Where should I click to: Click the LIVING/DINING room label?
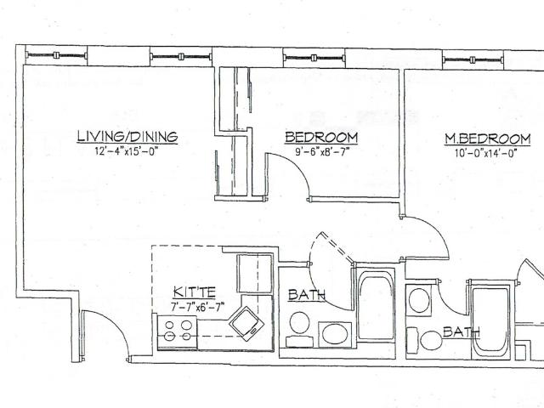pos(127,136)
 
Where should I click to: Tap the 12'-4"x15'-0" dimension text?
pos(127,151)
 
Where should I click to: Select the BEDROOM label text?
pos(321,138)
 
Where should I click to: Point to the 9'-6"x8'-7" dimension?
pos(320,152)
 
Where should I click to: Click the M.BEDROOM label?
pos(487,139)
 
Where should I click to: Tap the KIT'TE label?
pos(195,292)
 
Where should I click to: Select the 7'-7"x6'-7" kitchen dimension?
pos(197,307)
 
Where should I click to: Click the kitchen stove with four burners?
pos(178,331)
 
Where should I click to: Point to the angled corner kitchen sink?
pos(246,323)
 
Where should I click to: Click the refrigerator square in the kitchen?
pos(254,274)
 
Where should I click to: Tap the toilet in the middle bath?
pos(299,329)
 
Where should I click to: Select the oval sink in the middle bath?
pos(335,334)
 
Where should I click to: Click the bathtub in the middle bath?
pos(376,305)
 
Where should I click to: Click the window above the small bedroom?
pos(314,58)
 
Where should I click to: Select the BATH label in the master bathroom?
pos(461,332)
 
